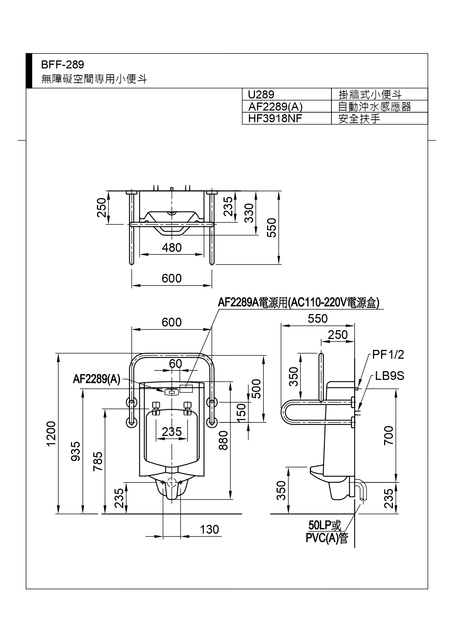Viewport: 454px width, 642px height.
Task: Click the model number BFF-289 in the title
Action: tap(63, 65)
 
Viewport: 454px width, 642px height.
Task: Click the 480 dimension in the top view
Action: tap(172, 248)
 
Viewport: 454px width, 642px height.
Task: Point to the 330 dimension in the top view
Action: tap(249, 213)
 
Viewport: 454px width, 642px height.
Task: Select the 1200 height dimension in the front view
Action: tap(51, 433)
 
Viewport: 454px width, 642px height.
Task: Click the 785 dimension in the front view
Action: tap(98, 462)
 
